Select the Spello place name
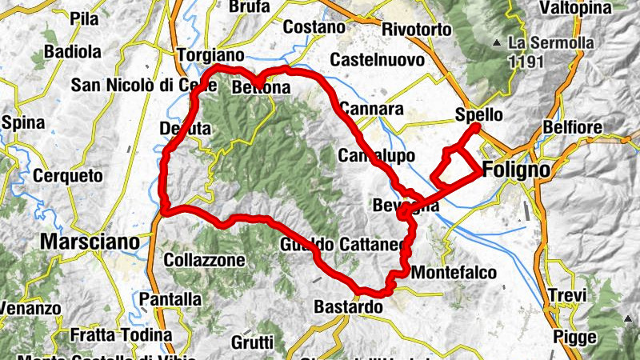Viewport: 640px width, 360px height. [x=478, y=114]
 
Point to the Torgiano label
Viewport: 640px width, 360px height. [x=210, y=56]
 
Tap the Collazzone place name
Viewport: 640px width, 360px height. [x=204, y=260]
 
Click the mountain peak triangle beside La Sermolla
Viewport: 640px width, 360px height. [x=498, y=42]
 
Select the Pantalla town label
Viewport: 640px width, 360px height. [x=170, y=299]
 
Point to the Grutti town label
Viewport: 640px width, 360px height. [x=253, y=342]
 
